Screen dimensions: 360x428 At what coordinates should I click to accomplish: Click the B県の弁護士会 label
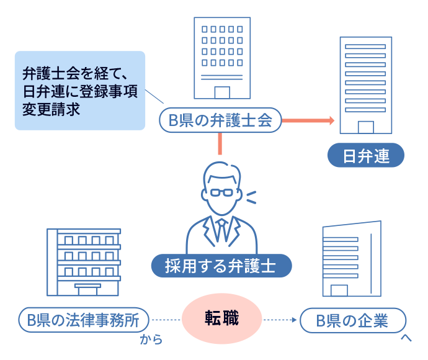(x=221, y=121)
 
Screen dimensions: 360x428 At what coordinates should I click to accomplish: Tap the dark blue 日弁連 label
(x=366, y=156)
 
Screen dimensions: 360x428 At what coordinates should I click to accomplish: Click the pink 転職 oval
(x=222, y=320)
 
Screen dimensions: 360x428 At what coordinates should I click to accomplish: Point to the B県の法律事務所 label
(x=84, y=321)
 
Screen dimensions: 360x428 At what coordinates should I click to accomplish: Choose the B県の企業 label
(x=352, y=321)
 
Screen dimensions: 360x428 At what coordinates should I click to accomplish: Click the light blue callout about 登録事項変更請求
(x=79, y=91)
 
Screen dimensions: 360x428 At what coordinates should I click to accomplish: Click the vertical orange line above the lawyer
(x=220, y=145)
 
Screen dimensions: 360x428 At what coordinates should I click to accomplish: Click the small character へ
(x=406, y=338)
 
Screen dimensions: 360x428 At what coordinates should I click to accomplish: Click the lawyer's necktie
(x=220, y=228)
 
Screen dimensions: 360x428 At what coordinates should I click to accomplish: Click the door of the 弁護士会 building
(x=221, y=92)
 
